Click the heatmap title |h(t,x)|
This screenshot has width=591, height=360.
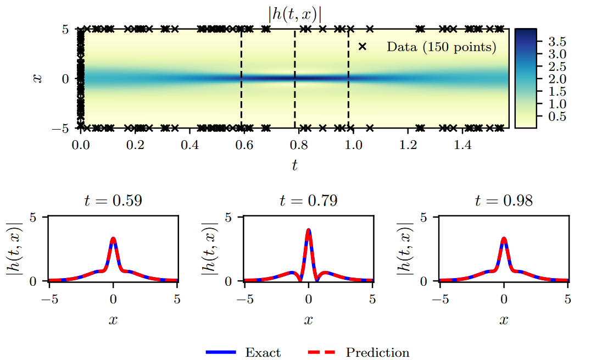point(294,14)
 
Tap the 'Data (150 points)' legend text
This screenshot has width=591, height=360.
point(441,47)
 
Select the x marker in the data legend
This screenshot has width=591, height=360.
point(362,47)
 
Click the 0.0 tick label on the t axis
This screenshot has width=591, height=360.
point(81,145)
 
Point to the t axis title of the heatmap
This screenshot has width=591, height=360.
point(295,164)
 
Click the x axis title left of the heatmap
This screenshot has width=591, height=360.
point(37,79)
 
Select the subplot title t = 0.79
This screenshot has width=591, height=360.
point(308,201)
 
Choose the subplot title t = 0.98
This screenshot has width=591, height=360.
point(504,201)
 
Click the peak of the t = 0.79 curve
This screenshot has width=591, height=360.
point(309,230)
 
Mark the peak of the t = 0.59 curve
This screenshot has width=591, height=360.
point(113,239)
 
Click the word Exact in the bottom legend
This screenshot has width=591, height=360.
point(263,352)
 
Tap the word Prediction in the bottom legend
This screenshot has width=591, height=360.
point(377,352)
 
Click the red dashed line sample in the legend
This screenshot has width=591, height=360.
point(319,352)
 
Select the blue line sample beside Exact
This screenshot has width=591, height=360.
point(221,352)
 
